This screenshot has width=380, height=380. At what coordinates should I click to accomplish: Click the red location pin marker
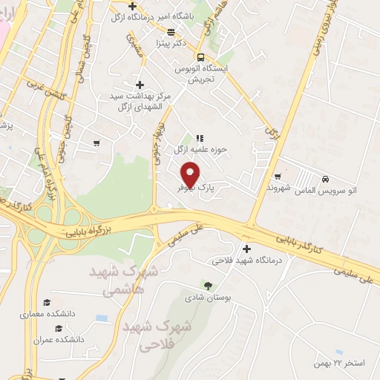(190, 174)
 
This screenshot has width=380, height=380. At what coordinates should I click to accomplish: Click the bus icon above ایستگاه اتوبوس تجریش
(200, 57)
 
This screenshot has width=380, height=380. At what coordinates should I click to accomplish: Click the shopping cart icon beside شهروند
(278, 177)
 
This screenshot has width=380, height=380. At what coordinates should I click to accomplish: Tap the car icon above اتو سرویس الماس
(325, 179)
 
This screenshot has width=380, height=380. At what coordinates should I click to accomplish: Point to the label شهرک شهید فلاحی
(157, 334)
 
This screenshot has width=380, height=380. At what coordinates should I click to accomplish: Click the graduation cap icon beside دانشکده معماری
(47, 303)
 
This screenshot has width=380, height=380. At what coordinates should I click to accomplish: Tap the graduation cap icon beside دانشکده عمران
(57, 327)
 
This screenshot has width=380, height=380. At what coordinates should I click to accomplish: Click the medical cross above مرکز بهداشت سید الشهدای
(140, 85)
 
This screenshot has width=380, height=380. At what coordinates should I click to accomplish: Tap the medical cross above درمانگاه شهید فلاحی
(246, 249)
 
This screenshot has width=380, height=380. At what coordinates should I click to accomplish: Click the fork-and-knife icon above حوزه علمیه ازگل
(199, 138)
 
